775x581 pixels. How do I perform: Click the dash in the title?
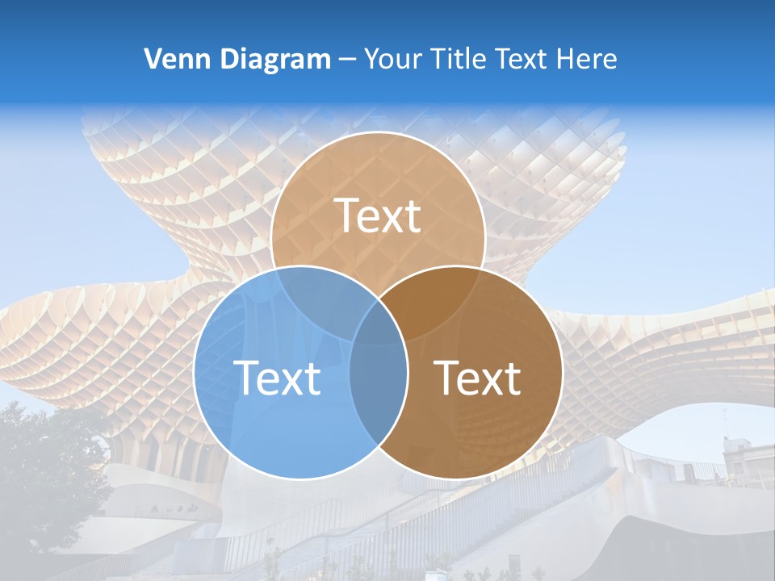click(x=347, y=60)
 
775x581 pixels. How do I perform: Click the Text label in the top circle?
click(x=378, y=215)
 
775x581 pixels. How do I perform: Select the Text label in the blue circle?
click(x=277, y=377)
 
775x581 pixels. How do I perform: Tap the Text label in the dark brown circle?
click(x=478, y=377)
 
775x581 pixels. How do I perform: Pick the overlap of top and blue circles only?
click(x=319, y=295)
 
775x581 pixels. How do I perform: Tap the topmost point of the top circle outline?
click(x=378, y=132)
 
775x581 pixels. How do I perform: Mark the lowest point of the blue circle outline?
click(x=300, y=479)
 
